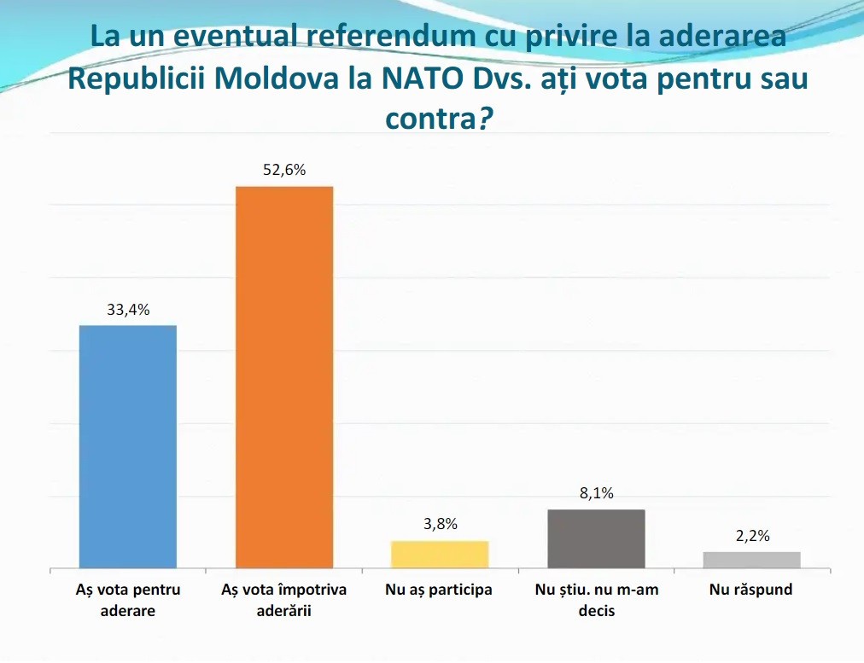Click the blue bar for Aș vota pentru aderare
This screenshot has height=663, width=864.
click(128, 446)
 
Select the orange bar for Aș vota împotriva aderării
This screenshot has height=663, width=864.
click(284, 377)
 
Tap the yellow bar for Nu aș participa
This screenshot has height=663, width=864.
click(440, 555)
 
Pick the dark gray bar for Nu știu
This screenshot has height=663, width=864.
click(596, 539)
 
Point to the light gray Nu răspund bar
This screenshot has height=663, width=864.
click(752, 560)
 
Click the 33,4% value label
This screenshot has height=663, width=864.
click(128, 310)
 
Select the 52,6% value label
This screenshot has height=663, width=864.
click(284, 170)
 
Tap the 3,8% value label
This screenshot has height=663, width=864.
click(441, 524)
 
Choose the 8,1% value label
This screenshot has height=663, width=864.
click(596, 493)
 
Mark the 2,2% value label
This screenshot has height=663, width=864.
click(753, 536)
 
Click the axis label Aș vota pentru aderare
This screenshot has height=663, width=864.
click(128, 600)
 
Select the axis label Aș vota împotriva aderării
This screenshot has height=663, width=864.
click(284, 600)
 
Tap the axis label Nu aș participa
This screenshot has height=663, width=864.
click(439, 590)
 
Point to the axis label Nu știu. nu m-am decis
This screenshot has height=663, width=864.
click(597, 600)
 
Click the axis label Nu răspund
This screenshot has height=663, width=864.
click(751, 590)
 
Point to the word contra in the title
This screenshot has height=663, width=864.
click(430, 119)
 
